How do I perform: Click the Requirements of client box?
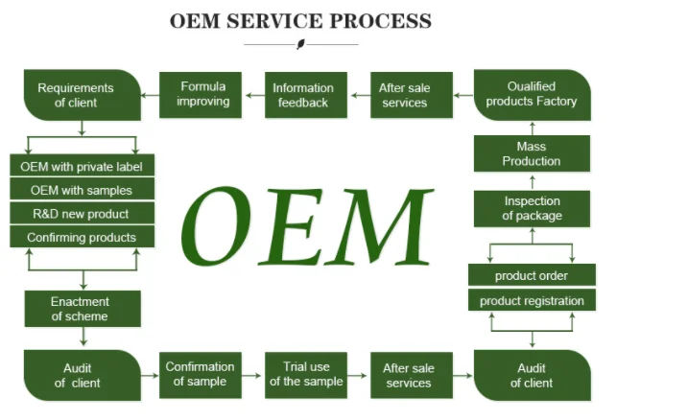(83, 95)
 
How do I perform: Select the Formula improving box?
(201, 95)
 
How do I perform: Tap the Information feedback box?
(306, 95)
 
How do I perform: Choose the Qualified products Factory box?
(533, 95)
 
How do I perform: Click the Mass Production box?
(532, 153)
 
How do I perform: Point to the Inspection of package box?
(532, 209)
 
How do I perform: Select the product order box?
(532, 275)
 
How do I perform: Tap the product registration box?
(532, 300)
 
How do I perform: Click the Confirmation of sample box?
(201, 375)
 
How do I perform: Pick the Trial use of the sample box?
(306, 375)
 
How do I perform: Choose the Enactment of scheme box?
(83, 309)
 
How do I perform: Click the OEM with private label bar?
(83, 166)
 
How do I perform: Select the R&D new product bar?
(83, 213)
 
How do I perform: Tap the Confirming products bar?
(83, 237)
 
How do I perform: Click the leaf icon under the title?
(301, 44)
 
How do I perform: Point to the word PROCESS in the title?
(380, 21)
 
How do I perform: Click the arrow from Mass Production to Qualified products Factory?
(533, 128)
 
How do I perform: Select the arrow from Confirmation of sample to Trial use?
(251, 375)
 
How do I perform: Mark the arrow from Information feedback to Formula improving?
(255, 95)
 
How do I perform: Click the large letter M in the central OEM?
(386, 226)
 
